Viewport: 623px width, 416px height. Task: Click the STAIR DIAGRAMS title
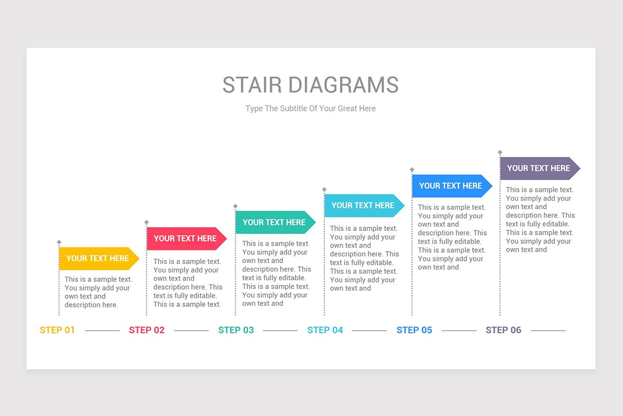coord(310,85)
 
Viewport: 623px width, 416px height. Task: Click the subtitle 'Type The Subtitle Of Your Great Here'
coord(310,109)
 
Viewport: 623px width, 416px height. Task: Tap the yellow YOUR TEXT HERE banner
coord(98,258)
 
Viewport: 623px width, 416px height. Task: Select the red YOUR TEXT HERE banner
coord(186,239)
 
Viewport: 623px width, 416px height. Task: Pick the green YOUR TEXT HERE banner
coord(275,223)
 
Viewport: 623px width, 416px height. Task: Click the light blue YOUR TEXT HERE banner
coord(363,205)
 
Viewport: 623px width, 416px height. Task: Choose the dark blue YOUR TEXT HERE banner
coord(451,186)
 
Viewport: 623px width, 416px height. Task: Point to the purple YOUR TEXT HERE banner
coord(539,168)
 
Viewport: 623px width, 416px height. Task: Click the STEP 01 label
coord(58,330)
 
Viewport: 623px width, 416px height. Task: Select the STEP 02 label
coord(147,330)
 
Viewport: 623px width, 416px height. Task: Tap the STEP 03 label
coord(236,330)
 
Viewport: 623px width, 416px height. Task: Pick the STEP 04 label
coord(326,330)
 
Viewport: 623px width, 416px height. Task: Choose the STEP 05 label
coord(414,330)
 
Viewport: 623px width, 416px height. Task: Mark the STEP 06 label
coord(504,330)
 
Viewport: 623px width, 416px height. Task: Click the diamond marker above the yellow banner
coord(59,242)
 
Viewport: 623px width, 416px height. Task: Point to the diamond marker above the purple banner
coord(500,153)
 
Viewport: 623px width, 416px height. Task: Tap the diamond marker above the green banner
coord(235,206)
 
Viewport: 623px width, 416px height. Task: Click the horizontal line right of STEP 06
coord(548,331)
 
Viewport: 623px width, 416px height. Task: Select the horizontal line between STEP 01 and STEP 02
coord(102,331)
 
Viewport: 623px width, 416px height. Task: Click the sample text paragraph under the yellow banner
coord(98,292)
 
